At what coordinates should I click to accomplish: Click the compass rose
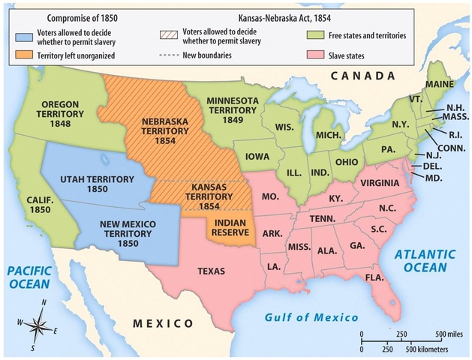40,324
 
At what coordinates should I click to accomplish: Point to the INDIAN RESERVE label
231,227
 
